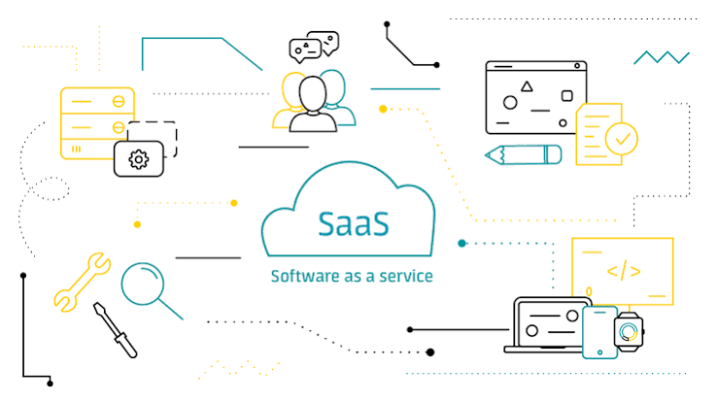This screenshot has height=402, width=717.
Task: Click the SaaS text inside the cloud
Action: pos(354,224)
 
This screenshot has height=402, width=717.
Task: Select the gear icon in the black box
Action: pos(139,159)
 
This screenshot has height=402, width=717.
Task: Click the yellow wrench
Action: pos(82,282)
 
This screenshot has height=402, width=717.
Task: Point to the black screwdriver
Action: pos(115,330)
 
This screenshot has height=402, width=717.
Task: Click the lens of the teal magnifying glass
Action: pos(143,284)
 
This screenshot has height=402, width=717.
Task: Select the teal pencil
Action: pos(523,154)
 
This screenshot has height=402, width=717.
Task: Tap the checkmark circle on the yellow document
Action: pos(622,139)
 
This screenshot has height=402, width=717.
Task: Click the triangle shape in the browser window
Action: pos(527,86)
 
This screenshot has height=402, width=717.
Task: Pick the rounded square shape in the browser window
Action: pos(567,96)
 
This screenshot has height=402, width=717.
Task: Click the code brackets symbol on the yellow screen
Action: pos(624,271)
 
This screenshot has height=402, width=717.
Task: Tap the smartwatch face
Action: pos(629,332)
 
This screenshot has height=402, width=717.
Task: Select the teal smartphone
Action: pos(600,332)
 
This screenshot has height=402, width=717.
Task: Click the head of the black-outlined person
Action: pos(313,93)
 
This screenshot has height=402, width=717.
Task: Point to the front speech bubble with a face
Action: pos(305,50)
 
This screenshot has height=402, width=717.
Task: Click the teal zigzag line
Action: pos(662,57)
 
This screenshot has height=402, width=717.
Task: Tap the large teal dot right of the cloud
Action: pos(461,243)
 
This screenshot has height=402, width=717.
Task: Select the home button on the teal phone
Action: pos(600,352)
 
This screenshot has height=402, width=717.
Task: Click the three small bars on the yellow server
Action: pos(77,149)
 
